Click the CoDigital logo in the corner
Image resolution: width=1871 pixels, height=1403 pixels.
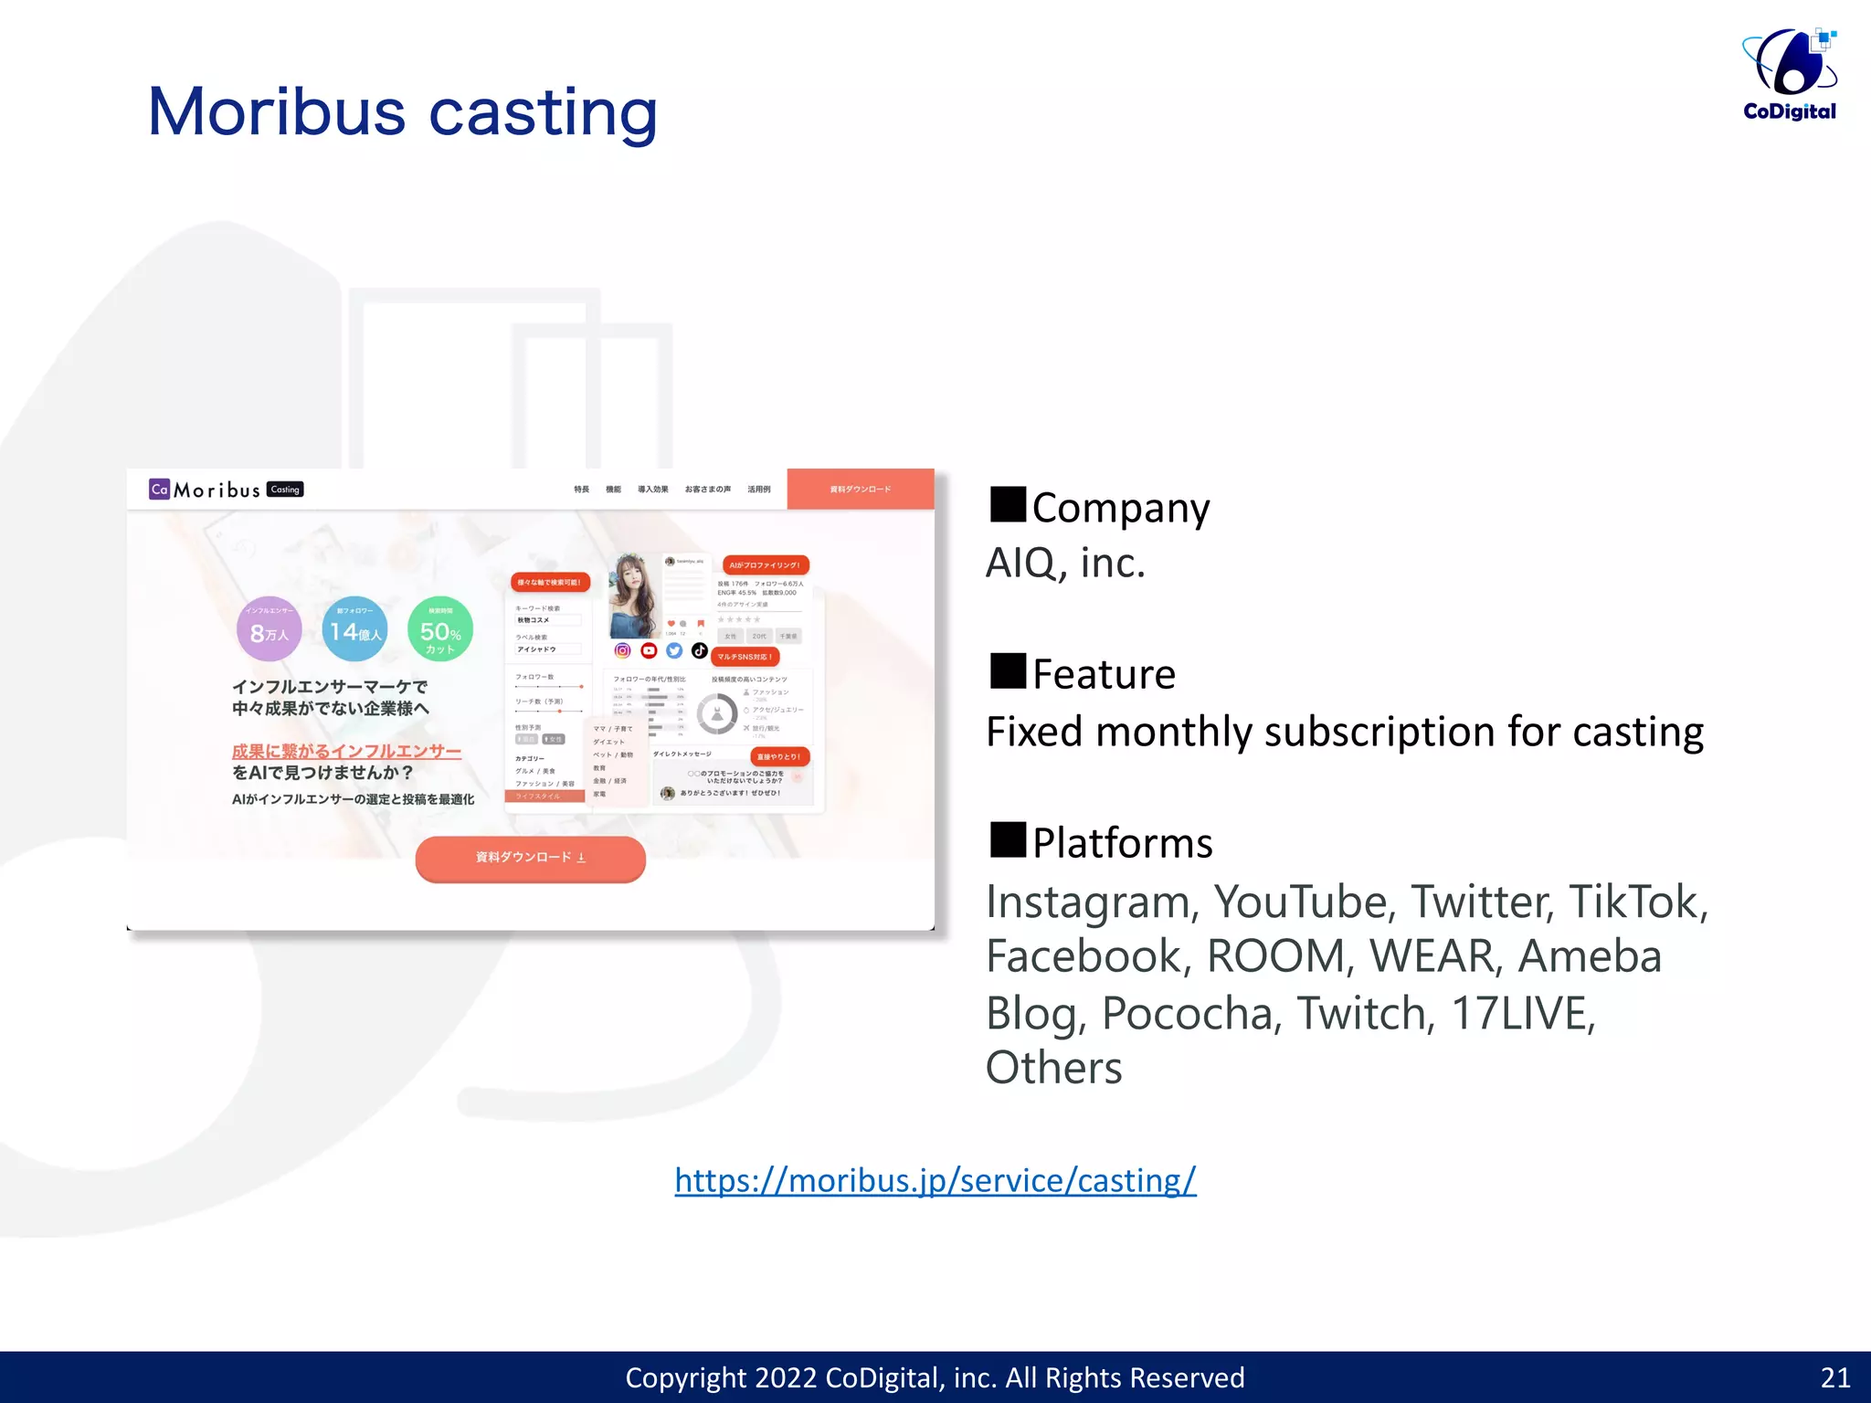[1789, 75]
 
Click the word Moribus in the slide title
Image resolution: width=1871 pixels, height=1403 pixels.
[276, 112]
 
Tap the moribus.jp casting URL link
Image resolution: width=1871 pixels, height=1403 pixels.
[935, 1180]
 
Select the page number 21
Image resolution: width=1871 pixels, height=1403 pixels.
[1834, 1377]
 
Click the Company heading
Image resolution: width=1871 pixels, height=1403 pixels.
[1119, 508]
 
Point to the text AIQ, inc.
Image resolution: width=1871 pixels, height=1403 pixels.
[1065, 563]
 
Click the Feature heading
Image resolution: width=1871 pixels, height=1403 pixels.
[1103, 674]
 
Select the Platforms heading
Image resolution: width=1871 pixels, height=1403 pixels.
[1121, 842]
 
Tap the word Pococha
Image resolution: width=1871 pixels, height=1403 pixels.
[1186, 1013]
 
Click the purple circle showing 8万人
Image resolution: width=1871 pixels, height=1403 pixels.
[269, 629]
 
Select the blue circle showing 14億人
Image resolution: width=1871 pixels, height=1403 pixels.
[354, 629]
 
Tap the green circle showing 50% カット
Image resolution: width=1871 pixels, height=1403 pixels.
[440, 629]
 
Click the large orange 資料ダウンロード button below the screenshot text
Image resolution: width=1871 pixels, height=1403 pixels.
[530, 858]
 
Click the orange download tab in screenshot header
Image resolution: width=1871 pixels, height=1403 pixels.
[860, 490]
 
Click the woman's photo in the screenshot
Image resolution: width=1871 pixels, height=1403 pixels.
[633, 595]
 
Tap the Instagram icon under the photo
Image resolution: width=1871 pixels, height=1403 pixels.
[622, 650]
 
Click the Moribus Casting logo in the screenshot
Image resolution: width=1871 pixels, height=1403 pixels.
[226, 490]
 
